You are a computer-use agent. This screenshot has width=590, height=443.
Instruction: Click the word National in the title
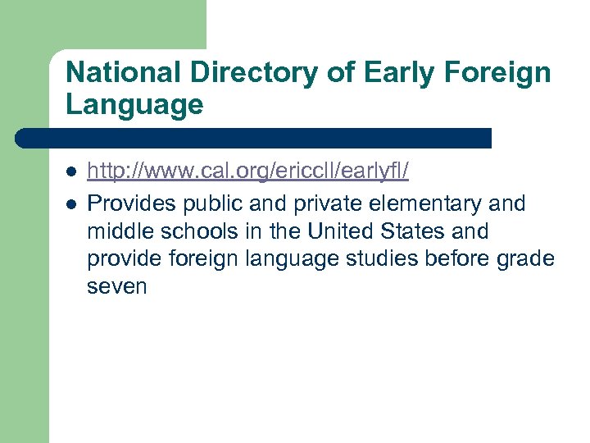click(x=124, y=73)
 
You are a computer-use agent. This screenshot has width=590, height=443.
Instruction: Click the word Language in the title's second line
click(x=134, y=105)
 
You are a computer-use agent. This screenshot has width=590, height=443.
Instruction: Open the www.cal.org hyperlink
click(x=248, y=172)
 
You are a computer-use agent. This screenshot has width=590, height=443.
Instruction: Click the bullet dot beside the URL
click(x=71, y=173)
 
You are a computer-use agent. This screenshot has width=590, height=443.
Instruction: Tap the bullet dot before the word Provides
click(x=71, y=203)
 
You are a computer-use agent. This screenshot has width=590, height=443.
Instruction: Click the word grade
click(x=524, y=258)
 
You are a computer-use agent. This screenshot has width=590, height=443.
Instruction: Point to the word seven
click(x=117, y=286)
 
